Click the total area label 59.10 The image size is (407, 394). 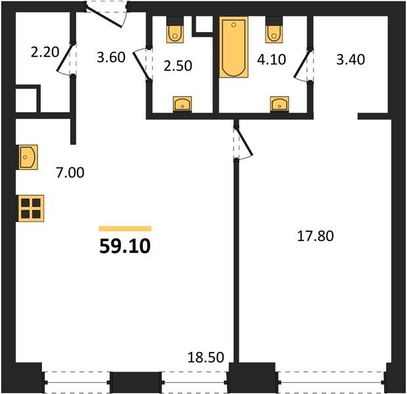pos(125,246)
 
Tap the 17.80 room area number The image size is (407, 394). pos(316,236)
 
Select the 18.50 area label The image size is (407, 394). pos(206,357)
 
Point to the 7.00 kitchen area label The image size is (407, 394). pos(70,173)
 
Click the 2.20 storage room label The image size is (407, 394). pos(45,52)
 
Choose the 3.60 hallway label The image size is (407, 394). pos(111,57)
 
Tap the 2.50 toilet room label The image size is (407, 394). pos(178,66)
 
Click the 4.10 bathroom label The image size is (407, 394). pos(272,59)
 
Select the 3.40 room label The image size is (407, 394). pos(350,59)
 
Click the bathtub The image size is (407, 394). pos(233,47)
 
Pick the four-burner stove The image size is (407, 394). pos(30,208)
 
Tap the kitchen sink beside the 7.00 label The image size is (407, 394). pos(27,157)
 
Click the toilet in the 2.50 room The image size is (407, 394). pos(175,30)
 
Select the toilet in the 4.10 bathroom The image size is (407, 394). pos(274,30)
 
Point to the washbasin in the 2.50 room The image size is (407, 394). pos(183,104)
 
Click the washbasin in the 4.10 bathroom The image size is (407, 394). pos(279,104)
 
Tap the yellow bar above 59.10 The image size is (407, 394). pos(125,229)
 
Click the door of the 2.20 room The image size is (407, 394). pos(64,58)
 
